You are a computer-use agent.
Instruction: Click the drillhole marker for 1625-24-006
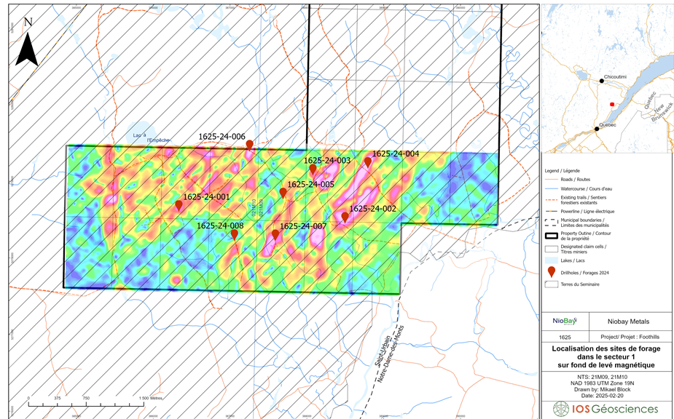click(x=249, y=145)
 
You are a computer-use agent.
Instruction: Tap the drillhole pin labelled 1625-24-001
click(x=179, y=206)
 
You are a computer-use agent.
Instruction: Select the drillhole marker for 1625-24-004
click(x=368, y=162)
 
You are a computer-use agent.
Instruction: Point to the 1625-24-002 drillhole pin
click(x=345, y=217)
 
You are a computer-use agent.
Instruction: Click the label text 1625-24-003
click(x=327, y=160)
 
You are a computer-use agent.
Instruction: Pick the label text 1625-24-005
click(x=310, y=185)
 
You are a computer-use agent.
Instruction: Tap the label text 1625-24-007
click(x=303, y=226)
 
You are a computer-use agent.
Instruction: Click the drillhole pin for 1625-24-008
click(x=234, y=234)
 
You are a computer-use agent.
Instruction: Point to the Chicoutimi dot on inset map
click(x=602, y=81)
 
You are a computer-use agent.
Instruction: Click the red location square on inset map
click(x=612, y=105)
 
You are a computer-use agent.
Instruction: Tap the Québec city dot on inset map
click(x=597, y=128)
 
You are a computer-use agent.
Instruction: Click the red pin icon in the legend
click(x=552, y=271)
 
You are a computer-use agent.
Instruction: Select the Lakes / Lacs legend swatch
click(x=552, y=260)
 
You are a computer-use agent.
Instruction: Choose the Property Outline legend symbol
click(x=552, y=236)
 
